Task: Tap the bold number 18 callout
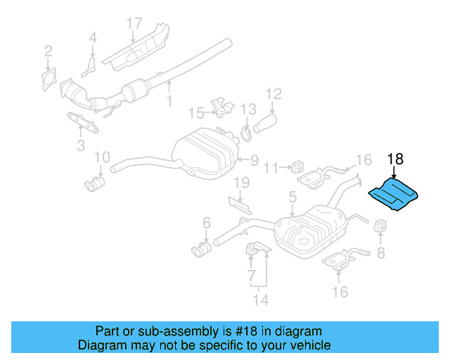tap(394, 159)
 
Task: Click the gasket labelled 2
tap(49, 77)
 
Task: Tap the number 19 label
tap(241, 184)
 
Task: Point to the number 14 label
tap(261, 301)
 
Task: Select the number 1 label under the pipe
tap(169, 102)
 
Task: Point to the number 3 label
tap(81, 146)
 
